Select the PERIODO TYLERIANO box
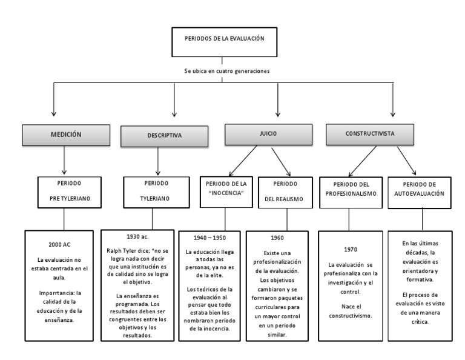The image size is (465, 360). coord(156,190)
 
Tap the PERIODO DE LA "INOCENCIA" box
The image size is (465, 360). coord(226,190)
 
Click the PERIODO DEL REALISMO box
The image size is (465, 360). coord(286,190)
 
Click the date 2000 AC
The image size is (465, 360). coord(60,244)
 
